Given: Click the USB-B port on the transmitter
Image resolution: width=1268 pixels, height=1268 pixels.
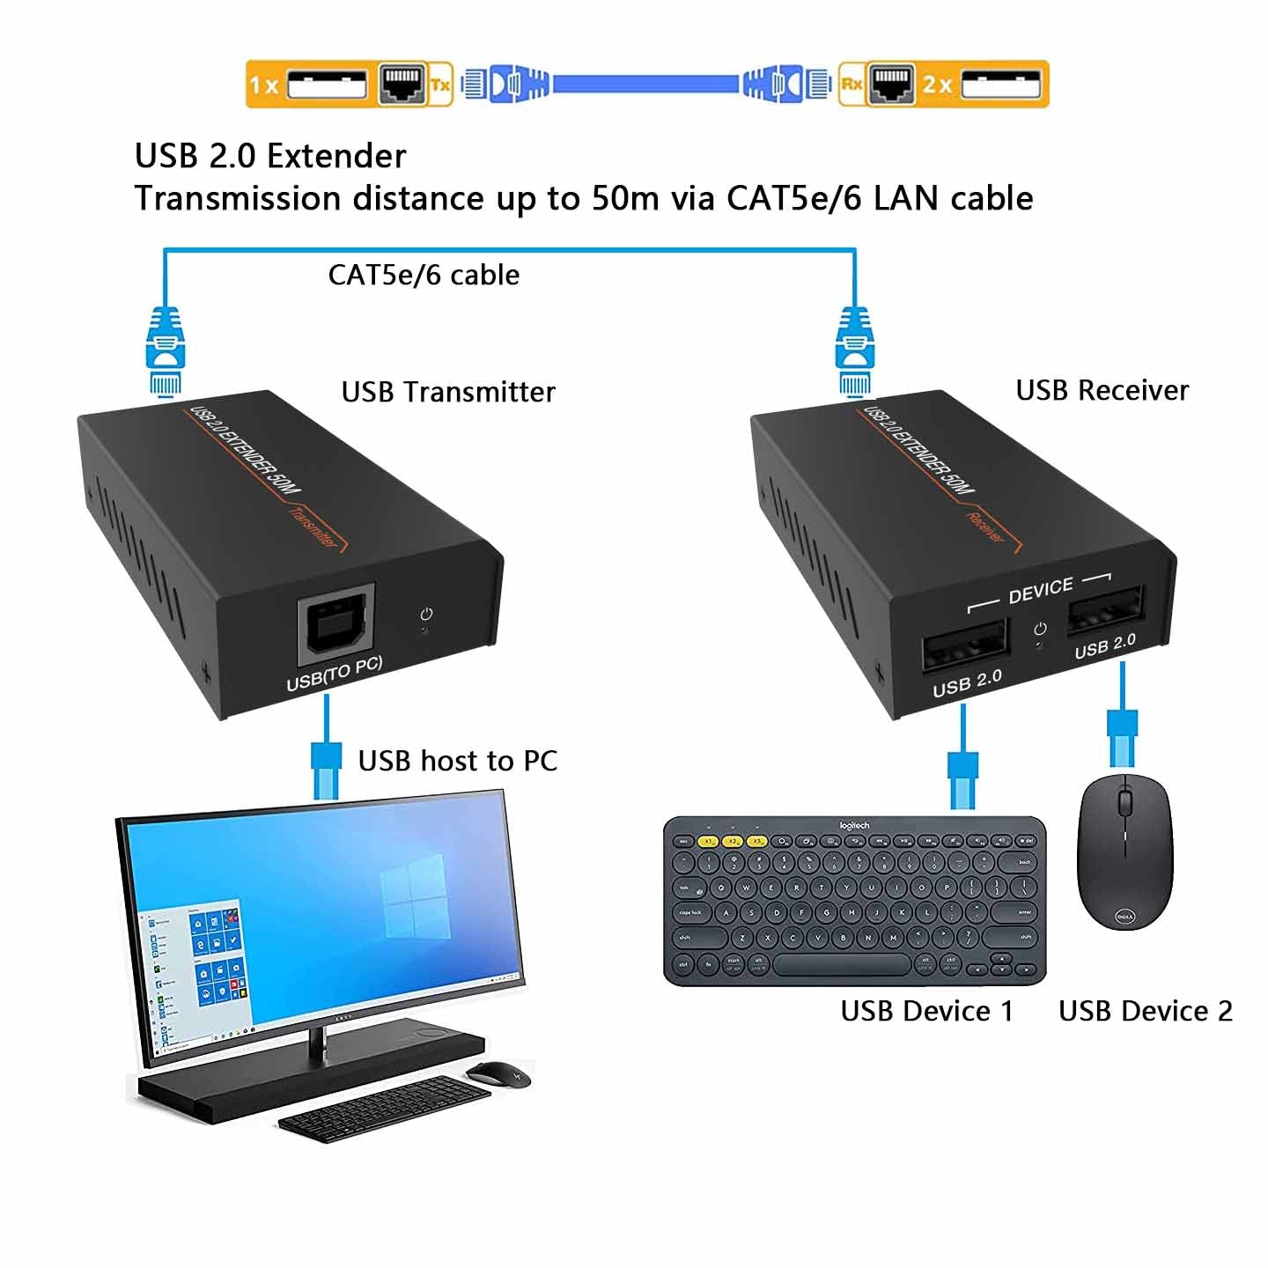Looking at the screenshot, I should [336, 624].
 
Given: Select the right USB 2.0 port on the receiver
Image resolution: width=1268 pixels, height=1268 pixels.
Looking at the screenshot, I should [1105, 608].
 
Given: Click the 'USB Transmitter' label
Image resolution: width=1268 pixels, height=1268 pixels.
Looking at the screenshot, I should [448, 392].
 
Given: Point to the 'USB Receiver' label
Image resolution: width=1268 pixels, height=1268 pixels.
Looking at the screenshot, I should [1102, 390].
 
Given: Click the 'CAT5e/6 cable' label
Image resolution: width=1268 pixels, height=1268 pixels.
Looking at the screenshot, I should [424, 275].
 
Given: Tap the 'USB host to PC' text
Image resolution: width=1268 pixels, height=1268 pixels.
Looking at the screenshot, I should [457, 761].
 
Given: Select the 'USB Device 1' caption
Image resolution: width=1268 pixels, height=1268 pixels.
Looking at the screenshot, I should [926, 1011].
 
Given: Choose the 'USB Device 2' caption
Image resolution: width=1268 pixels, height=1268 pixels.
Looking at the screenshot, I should [1145, 1011].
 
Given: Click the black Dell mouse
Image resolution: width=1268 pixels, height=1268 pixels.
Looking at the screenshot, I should [1124, 851].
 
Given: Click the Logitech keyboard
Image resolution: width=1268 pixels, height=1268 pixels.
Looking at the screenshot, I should [854, 900].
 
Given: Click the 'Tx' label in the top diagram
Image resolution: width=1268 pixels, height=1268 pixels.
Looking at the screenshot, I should [440, 85].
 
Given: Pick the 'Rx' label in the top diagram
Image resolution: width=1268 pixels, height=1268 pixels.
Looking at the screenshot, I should [851, 85].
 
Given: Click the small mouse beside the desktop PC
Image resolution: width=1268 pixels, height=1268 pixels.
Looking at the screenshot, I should [498, 1073].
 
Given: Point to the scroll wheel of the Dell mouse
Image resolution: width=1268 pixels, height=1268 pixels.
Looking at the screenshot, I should [1124, 802].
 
